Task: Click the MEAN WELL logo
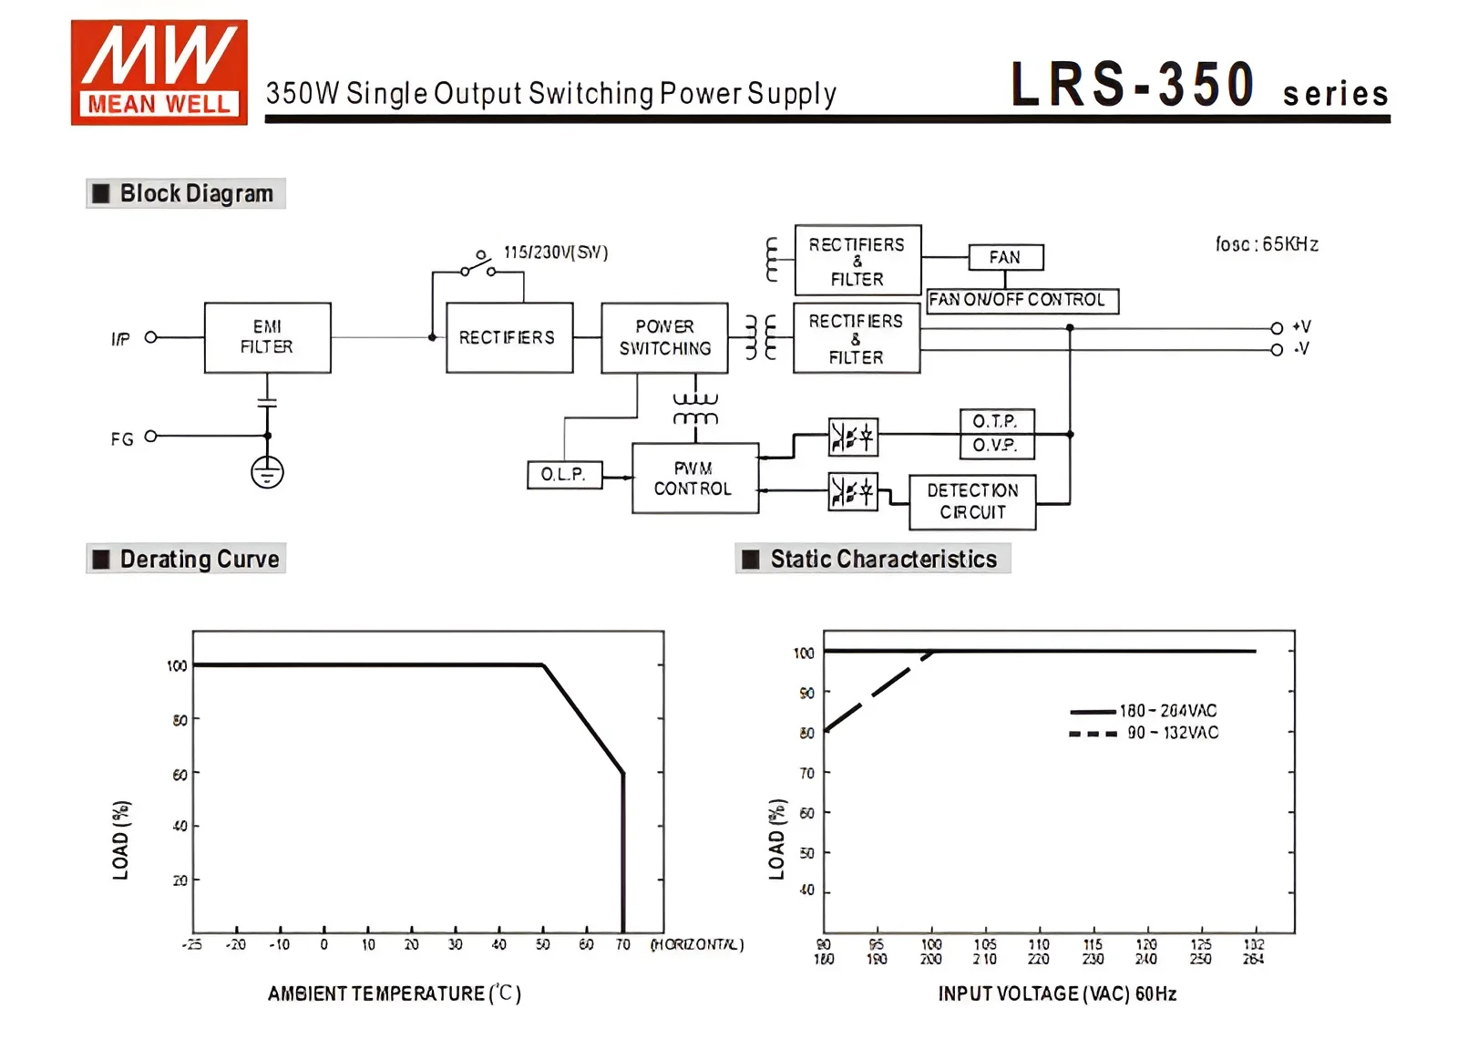point(159,73)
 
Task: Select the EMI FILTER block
point(267,337)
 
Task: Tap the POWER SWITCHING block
point(664,338)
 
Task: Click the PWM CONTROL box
point(694,478)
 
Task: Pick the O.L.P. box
point(564,475)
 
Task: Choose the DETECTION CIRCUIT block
point(972,502)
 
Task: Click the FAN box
point(1005,258)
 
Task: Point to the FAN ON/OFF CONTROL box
point(1022,300)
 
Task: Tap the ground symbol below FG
point(267,472)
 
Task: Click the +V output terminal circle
point(1277,328)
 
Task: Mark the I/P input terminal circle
point(151,337)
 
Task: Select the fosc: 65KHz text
point(1267,244)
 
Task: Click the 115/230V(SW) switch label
point(556,252)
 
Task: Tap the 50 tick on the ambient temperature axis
point(543,945)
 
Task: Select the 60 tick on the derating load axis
point(180,774)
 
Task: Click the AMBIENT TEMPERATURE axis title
point(394,993)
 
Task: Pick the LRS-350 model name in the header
point(1133,85)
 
